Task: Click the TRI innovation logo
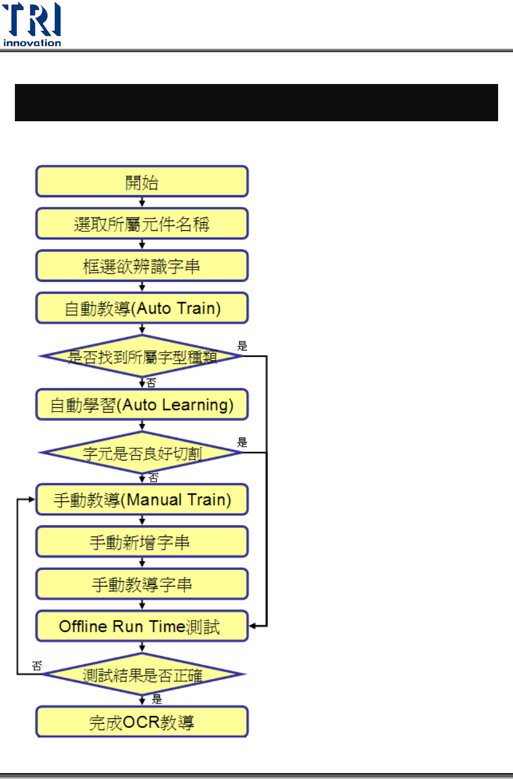(32, 24)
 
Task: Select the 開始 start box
(142, 182)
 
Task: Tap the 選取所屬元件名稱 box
(142, 224)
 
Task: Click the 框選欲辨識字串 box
(142, 266)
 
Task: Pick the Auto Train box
(142, 308)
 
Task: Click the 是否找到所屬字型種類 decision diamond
(142, 356)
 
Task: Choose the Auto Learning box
(142, 405)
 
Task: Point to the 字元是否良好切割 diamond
(142, 453)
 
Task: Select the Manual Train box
(142, 500)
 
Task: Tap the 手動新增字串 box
(142, 542)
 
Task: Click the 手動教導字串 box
(142, 584)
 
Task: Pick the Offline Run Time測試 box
(142, 626)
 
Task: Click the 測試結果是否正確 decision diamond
(142, 675)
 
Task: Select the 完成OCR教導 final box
(142, 722)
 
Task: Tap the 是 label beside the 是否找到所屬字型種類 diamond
(242, 346)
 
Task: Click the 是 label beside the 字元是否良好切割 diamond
(242, 442)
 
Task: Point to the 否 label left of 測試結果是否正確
(37, 666)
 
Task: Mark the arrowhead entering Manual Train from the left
(32, 499)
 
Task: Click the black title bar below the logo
(256, 103)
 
